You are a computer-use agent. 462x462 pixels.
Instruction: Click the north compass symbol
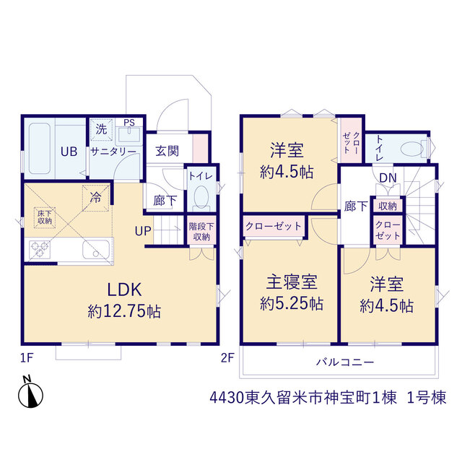pyautogui.click(x=30, y=393)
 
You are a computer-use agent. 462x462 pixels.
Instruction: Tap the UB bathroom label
pyautogui.click(x=69, y=152)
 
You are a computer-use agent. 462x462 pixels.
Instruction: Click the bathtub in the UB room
pyautogui.click(x=40, y=149)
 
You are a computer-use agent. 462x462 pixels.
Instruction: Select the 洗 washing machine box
pyautogui.click(x=101, y=129)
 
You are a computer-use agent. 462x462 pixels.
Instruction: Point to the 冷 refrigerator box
pyautogui.click(x=96, y=198)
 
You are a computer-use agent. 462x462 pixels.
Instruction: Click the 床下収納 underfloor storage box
pyautogui.click(x=45, y=217)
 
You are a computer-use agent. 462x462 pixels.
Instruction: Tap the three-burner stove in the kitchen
pyautogui.click(x=40, y=249)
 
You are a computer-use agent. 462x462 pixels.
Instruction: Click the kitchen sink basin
pyautogui.click(x=96, y=250)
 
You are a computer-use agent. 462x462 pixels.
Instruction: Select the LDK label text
pyautogui.click(x=124, y=289)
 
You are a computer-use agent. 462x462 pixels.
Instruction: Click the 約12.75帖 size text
pyautogui.click(x=124, y=311)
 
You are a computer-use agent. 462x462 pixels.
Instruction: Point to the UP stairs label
pyautogui.click(x=143, y=231)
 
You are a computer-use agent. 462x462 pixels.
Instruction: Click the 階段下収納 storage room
pyautogui.click(x=201, y=231)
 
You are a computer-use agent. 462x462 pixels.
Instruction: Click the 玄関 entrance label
pyautogui.click(x=167, y=151)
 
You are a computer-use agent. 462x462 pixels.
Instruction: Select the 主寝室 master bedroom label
pyautogui.click(x=292, y=282)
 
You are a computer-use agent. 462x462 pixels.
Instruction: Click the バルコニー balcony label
pyautogui.click(x=345, y=362)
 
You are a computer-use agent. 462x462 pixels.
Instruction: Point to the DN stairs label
pyautogui.click(x=388, y=178)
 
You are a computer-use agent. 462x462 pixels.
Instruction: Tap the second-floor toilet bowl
pyautogui.click(x=413, y=149)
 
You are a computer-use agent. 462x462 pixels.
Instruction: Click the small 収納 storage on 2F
pyautogui.click(x=388, y=206)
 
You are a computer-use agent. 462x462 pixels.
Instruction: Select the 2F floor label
pyautogui.click(x=228, y=358)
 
